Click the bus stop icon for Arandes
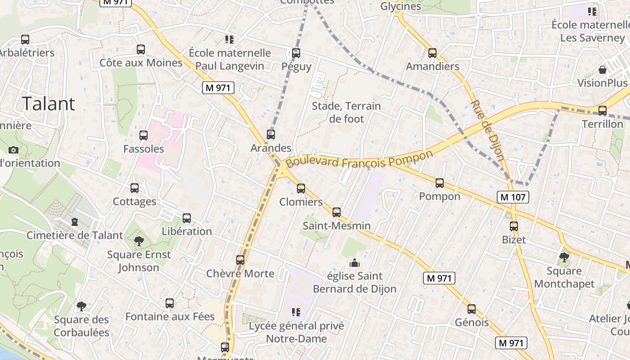pos(271,134)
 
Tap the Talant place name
pos(49,103)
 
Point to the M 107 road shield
pos(513,197)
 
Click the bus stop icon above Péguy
pos(296,53)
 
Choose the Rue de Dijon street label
pos(487,130)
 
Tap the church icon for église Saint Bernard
pos(355,262)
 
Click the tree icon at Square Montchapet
pos(564,257)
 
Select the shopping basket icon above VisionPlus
pos(603,70)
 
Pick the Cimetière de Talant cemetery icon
pos(75,222)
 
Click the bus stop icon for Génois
pos(472,309)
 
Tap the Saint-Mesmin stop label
pos(337,226)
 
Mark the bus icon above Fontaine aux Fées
pos(170,303)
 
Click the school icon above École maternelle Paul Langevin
pos(229,40)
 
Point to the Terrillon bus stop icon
pos(603,110)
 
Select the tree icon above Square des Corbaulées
pos(81,306)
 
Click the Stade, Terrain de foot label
pos(346,112)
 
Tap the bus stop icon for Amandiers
pos(432,53)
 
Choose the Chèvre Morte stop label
pos(240,274)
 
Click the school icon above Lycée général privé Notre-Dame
pos(296,312)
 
